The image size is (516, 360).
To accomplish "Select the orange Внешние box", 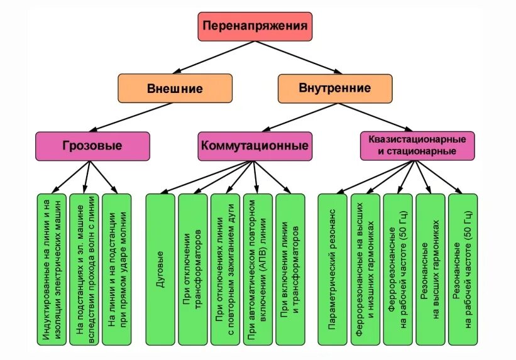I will tap(174, 89).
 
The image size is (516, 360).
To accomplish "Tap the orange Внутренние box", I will tap(334, 88).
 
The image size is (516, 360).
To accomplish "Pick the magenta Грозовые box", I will tap(92, 146).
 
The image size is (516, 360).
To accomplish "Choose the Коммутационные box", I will tap(255, 146).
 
